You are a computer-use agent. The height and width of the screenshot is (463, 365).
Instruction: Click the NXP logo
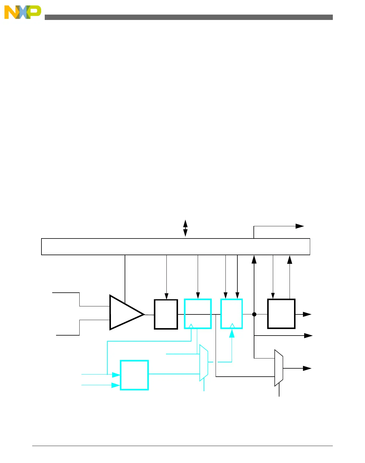[22, 13]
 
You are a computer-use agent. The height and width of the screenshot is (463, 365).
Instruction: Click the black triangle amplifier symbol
[126, 313]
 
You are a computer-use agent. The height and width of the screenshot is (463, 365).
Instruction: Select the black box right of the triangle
[166, 314]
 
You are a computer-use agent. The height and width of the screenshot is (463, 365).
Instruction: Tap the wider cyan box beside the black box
[198, 314]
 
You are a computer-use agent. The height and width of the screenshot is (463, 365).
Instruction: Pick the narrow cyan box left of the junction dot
[231, 314]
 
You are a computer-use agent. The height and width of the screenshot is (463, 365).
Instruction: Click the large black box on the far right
[281, 314]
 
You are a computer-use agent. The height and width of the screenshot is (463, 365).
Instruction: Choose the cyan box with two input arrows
[134, 375]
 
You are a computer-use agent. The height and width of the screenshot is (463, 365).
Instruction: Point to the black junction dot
[254, 314]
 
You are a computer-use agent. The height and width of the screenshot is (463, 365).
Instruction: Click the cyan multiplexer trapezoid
[204, 363]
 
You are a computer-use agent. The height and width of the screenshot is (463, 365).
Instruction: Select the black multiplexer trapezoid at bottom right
[279, 368]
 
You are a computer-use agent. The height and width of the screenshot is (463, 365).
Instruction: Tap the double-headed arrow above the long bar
[185, 228]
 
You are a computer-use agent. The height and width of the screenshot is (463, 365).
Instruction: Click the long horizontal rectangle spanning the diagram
[175, 247]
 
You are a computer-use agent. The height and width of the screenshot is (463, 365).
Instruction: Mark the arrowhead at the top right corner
[299, 226]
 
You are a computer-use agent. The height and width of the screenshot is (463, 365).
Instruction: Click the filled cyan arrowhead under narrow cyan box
[232, 333]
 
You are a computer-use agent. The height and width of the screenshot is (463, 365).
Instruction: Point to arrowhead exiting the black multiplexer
[307, 368]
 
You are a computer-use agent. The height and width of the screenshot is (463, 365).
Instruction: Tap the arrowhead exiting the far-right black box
[307, 314]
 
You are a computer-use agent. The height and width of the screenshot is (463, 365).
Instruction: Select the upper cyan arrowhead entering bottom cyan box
[116, 375]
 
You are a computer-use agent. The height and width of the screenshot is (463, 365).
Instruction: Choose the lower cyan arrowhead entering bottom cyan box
[116, 385]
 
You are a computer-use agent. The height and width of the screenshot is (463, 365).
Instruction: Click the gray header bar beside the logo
[188, 17]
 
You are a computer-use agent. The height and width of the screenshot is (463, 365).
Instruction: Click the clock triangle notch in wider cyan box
[191, 326]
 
